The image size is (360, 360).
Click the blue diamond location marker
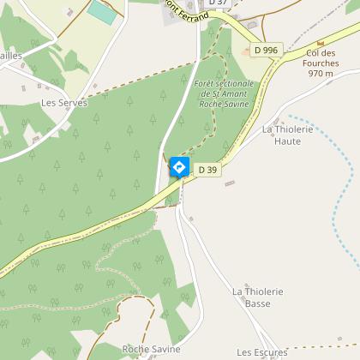click(178, 166)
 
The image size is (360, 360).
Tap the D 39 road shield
click(207, 170)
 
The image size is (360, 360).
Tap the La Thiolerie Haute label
click(281, 135)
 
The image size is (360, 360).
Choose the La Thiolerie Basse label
click(257, 297)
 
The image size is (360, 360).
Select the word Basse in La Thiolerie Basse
click(257, 303)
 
